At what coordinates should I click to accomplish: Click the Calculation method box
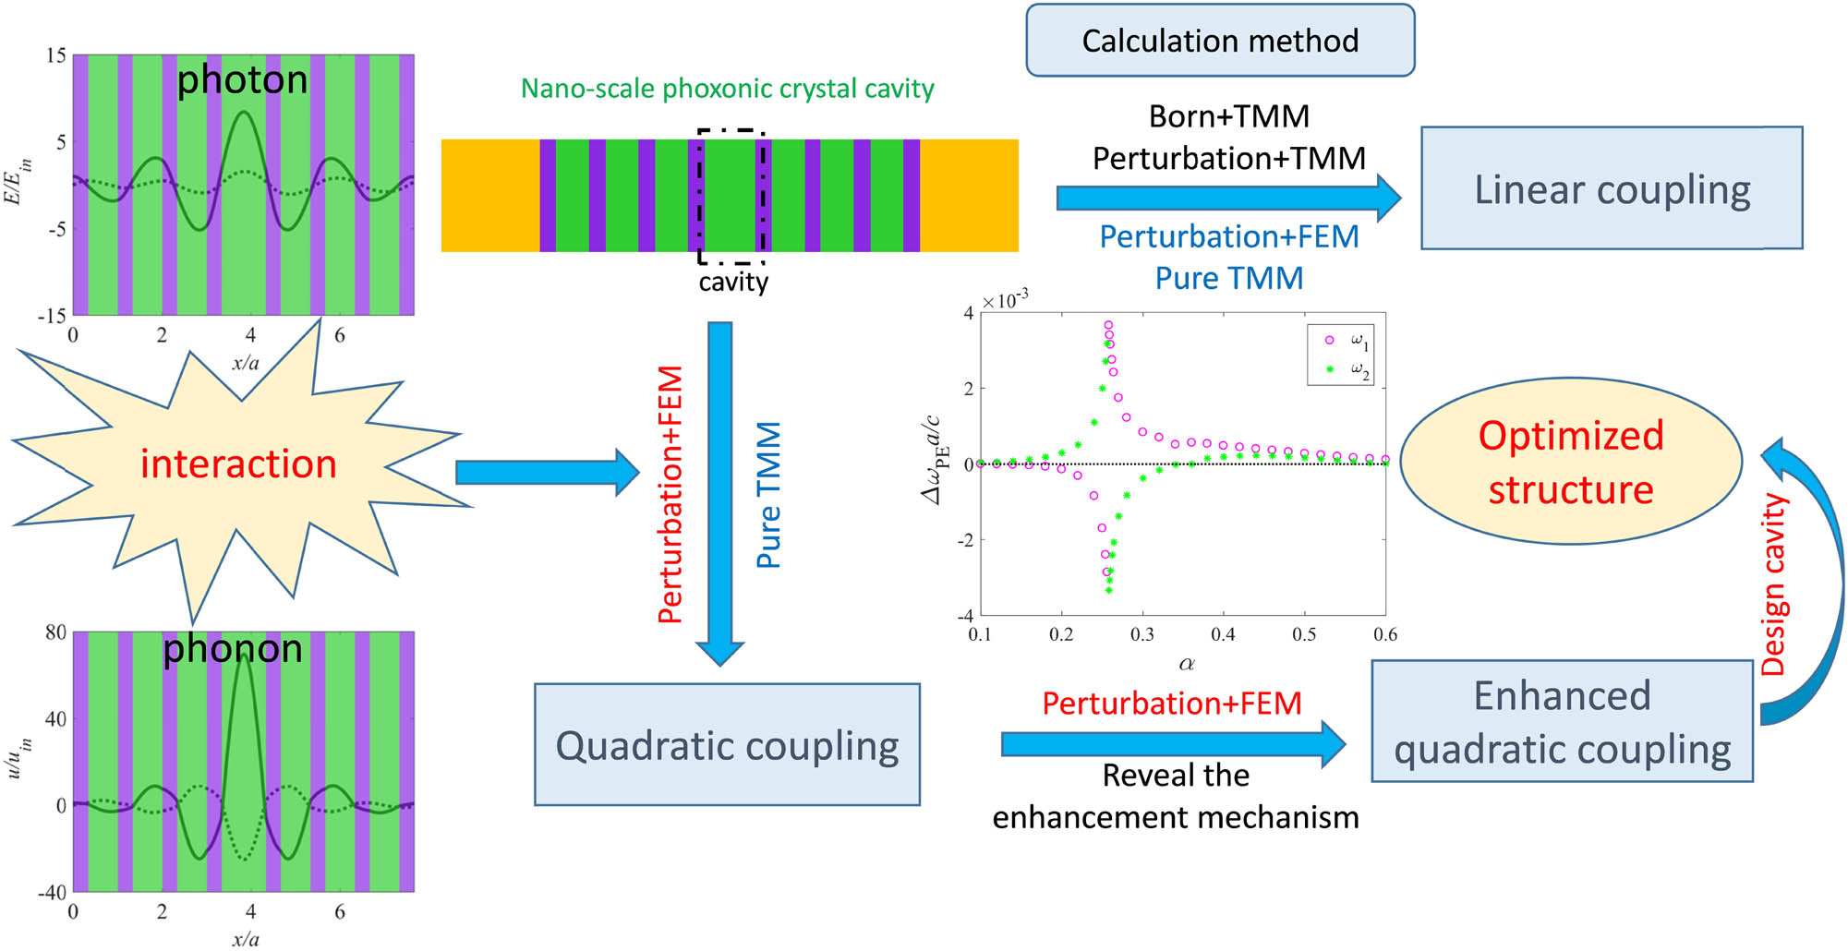pyautogui.click(x=1219, y=41)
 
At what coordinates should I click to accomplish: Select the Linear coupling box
pyautogui.click(x=1611, y=189)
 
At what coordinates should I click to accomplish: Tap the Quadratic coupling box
pyautogui.click(x=727, y=745)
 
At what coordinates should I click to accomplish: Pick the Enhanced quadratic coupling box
pyautogui.click(x=1562, y=721)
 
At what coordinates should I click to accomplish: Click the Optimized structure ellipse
pyautogui.click(x=1570, y=462)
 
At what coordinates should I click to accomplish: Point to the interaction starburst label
pyautogui.click(x=238, y=463)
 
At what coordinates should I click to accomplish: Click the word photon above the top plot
pyautogui.click(x=242, y=80)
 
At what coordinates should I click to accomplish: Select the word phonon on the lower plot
pyautogui.click(x=233, y=649)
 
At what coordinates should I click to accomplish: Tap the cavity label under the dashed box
pyautogui.click(x=733, y=282)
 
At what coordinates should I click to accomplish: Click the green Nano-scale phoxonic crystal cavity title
pyautogui.click(x=727, y=89)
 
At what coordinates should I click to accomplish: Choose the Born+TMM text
pyautogui.click(x=1228, y=116)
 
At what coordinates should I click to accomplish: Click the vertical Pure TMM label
pyautogui.click(x=769, y=495)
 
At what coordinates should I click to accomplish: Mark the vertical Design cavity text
pyautogui.click(x=1774, y=584)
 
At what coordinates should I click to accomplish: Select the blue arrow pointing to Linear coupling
pyautogui.click(x=1228, y=197)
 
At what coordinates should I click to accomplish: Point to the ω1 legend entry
pyautogui.click(x=1346, y=341)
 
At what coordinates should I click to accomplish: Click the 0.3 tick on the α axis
pyautogui.click(x=1142, y=634)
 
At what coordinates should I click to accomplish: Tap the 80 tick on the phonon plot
pyautogui.click(x=56, y=632)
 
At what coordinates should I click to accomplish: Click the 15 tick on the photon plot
pyautogui.click(x=56, y=56)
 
